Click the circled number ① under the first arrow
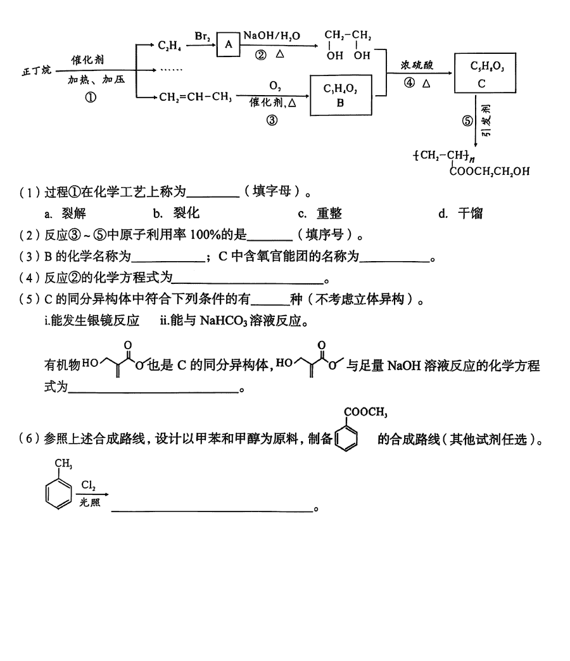coord(91,98)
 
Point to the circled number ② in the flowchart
coord(260,55)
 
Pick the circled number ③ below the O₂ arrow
coord(272,120)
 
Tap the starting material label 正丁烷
coord(35,72)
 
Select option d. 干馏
coord(460,214)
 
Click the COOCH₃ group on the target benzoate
coord(364,413)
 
